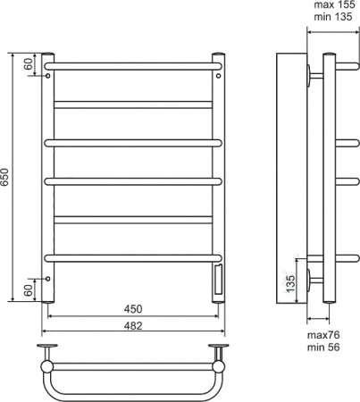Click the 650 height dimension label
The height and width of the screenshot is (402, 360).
pyautogui.click(x=5, y=178)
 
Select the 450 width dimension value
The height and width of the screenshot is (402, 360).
pyautogui.click(x=133, y=309)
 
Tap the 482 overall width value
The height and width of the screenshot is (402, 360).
pyautogui.click(x=133, y=325)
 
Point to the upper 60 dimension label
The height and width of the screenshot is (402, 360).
pyautogui.click(x=29, y=64)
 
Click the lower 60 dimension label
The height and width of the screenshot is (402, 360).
pyautogui.click(x=29, y=290)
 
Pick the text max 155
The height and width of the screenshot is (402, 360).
pyautogui.click(x=335, y=4)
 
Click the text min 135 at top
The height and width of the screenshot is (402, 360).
pyautogui.click(x=333, y=17)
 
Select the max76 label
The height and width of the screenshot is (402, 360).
pyautogui.click(x=323, y=335)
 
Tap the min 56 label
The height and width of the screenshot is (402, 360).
pyautogui.click(x=323, y=348)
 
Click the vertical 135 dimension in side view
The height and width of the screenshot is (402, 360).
pyautogui.click(x=290, y=283)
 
